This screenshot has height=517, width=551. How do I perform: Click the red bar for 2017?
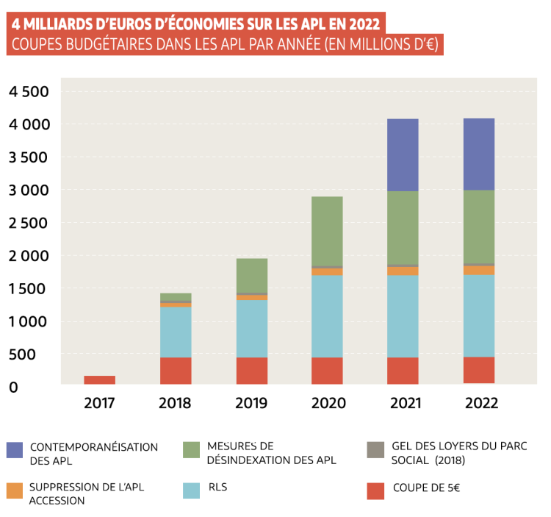click(99, 379)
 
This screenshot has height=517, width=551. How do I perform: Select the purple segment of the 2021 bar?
click(403, 154)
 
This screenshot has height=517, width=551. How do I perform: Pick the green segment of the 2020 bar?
click(327, 231)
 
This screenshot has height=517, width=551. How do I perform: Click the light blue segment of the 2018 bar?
click(176, 332)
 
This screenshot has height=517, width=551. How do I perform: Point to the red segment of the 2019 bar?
click(251, 371)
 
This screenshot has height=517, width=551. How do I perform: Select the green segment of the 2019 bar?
click(251, 275)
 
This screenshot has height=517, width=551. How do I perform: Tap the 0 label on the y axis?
click(12, 387)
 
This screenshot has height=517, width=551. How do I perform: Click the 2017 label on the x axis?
click(99, 403)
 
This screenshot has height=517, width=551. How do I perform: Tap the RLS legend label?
click(218, 487)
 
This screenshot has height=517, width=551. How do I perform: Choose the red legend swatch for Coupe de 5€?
click(375, 491)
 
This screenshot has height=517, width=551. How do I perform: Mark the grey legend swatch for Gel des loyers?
click(375, 450)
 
